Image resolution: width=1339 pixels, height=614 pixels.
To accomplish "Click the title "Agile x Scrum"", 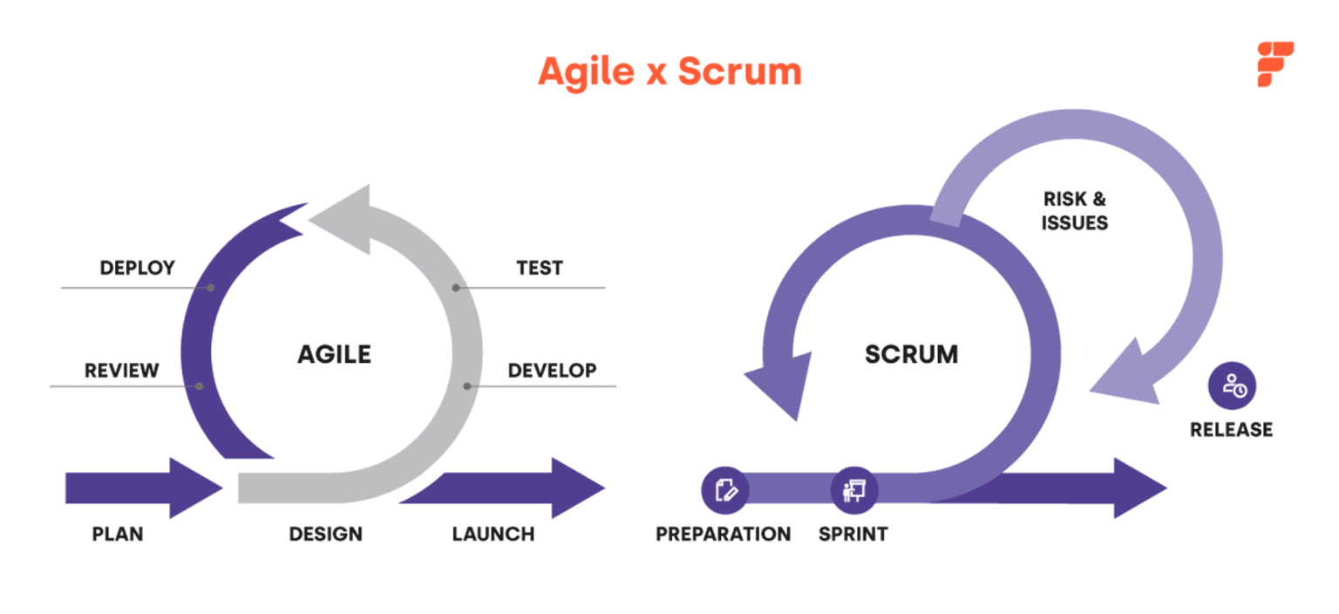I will coord(669,72).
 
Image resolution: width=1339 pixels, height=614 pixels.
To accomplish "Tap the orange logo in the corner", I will coord(1274,65).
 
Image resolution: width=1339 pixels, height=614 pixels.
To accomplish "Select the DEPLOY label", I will coord(137,268).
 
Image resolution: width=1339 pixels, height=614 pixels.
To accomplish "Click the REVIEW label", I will coord(122,370).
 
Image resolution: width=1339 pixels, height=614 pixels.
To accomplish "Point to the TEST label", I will coord(540,268).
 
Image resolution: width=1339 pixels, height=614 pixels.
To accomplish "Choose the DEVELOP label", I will coord(552,370).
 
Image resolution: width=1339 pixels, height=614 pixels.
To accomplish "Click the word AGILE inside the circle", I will coord(334,354).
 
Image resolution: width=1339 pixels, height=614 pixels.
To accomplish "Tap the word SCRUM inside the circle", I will coord(911,354).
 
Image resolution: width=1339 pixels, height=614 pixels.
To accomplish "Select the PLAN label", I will coord(118,534).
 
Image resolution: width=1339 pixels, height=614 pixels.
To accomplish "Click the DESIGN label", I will coord(325,534).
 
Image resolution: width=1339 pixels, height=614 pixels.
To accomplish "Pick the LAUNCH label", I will coord(493,534).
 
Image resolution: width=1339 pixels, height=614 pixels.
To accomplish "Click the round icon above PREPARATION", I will coord(725,489).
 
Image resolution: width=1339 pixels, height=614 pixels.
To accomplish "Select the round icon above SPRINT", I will coord(853,489).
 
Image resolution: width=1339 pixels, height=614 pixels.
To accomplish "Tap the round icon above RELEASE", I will coord(1232,385).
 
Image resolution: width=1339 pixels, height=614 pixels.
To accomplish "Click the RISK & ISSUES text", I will coord(1074,211).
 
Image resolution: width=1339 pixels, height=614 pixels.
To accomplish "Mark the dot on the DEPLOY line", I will coord(211,287).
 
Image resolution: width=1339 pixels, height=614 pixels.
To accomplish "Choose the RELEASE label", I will coord(1231,429).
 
